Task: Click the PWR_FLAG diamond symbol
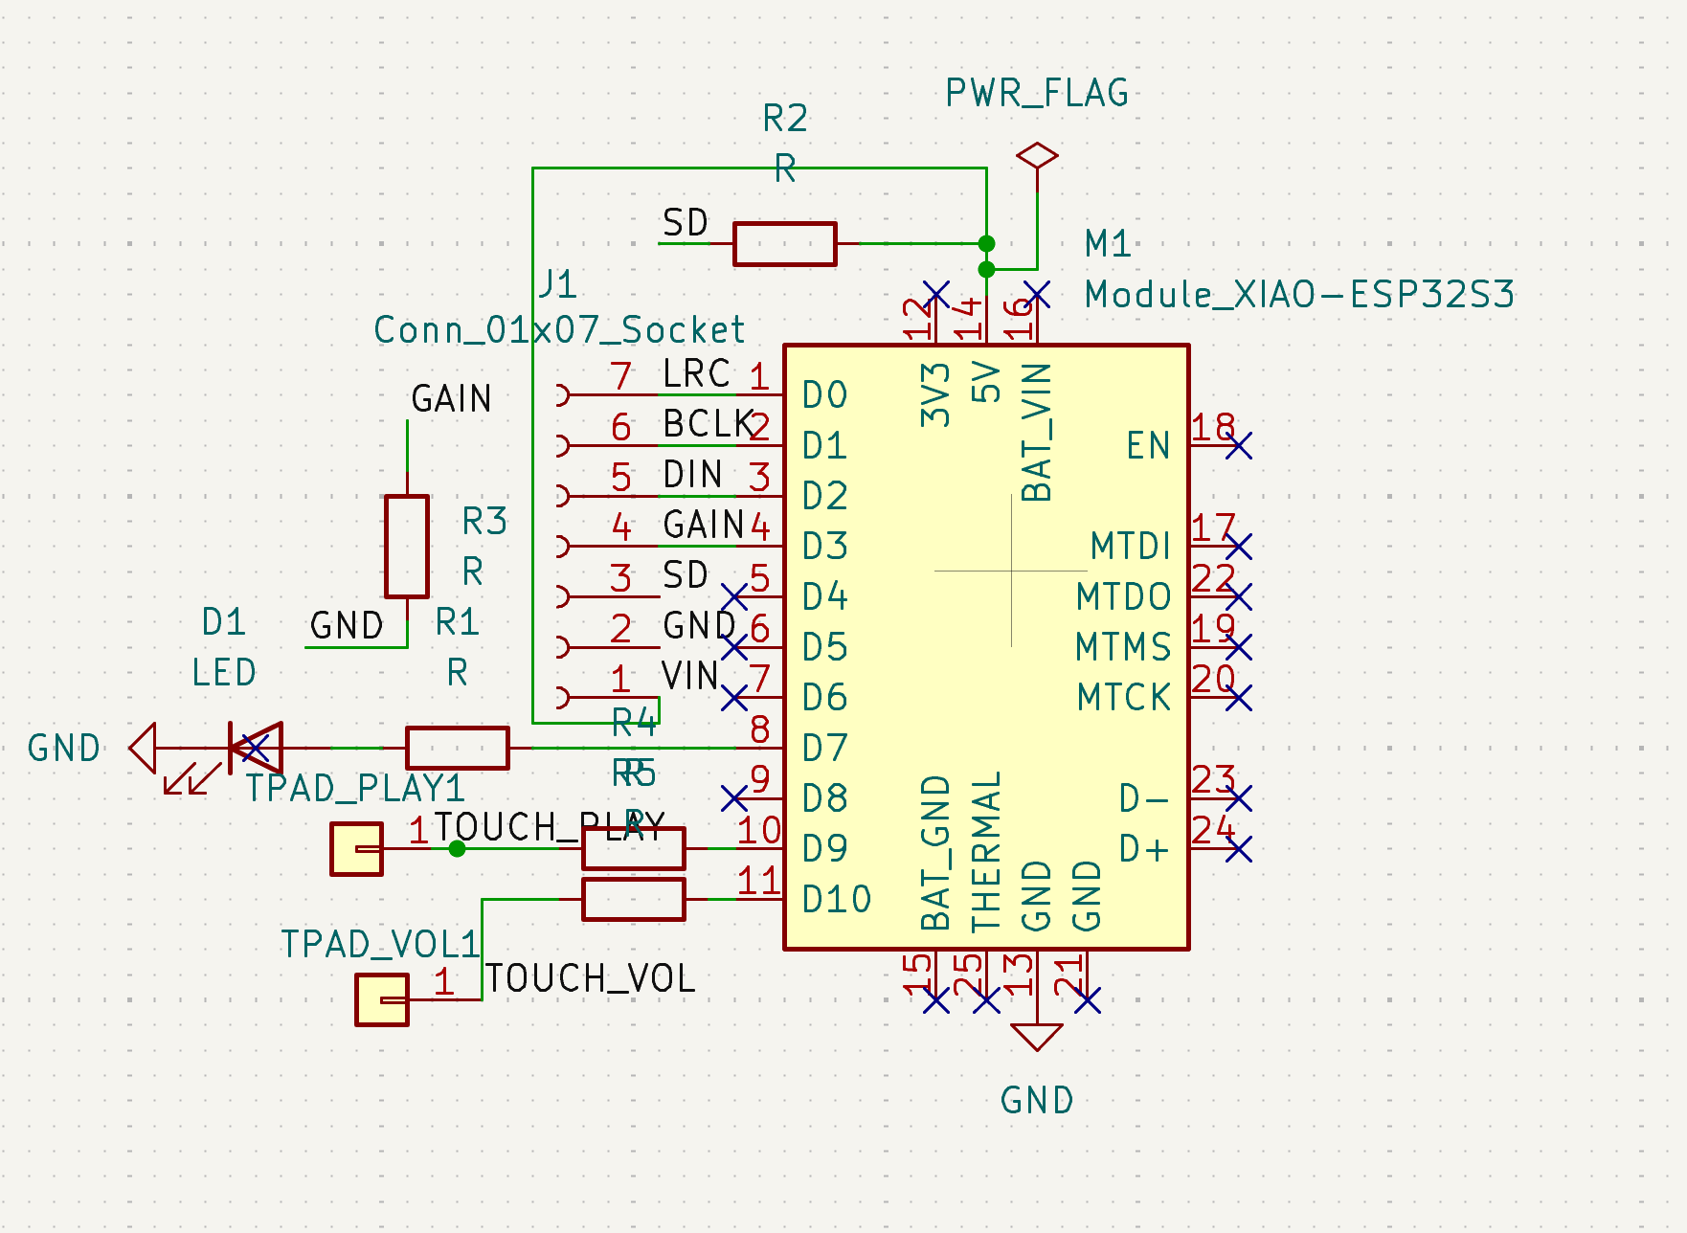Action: (1037, 155)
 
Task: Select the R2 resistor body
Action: (784, 243)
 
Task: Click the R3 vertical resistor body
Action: (407, 546)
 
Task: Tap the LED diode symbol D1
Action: (257, 748)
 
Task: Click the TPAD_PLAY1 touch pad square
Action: (356, 848)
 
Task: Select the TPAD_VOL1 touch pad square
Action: (381, 999)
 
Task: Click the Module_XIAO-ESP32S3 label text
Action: (1298, 294)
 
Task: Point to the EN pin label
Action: (1147, 445)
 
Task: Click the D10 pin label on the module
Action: (836, 899)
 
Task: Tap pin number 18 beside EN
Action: (1212, 426)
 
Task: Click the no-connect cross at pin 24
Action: (1238, 848)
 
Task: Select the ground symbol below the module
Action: (1037, 1037)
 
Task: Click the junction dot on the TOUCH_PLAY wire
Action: (458, 848)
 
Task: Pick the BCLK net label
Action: (708, 423)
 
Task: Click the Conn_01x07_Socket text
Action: (558, 329)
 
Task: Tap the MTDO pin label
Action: (1123, 596)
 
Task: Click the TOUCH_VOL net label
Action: (590, 978)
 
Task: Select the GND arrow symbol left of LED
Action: (144, 748)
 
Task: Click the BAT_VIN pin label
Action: (1037, 432)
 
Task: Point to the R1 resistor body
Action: (458, 748)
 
